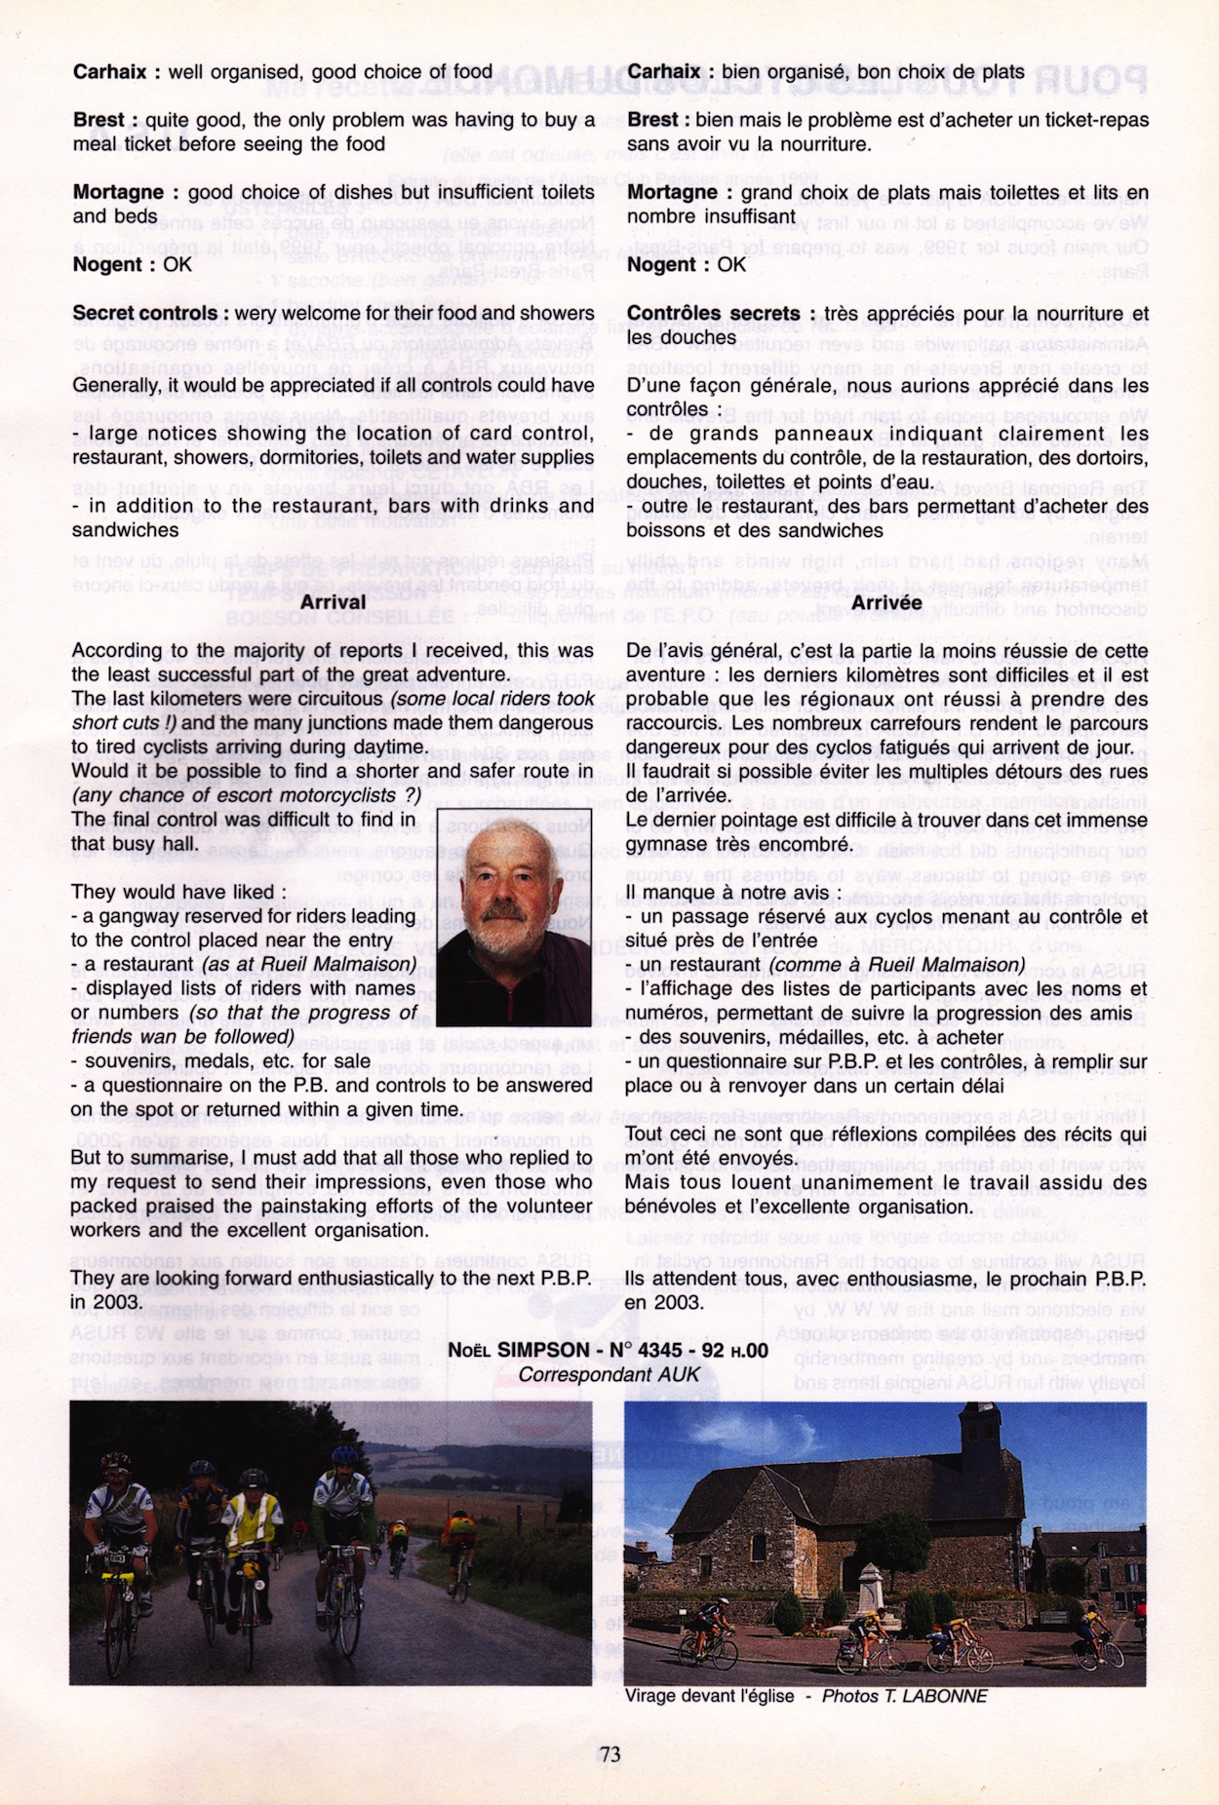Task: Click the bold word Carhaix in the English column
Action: pos(109,72)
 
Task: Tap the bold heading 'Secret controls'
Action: pos(145,314)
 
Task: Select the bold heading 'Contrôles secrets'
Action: pos(713,314)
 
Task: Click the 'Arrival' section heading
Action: pos(333,602)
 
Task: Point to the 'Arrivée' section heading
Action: pos(885,603)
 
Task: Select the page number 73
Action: pos(609,1755)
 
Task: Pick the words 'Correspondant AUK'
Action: pos(609,1375)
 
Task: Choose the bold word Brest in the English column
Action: pos(98,121)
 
